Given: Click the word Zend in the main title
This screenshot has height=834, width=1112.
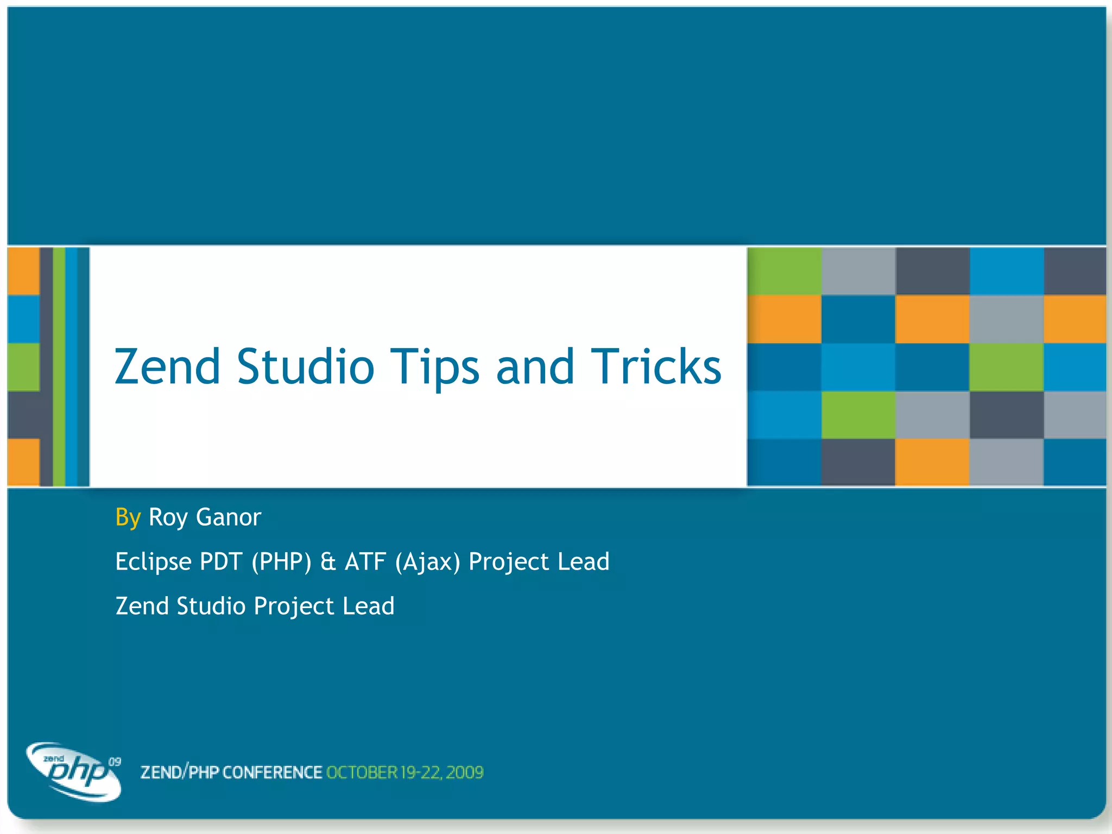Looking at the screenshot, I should [x=167, y=367].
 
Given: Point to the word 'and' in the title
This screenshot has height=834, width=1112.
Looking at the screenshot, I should [x=535, y=367].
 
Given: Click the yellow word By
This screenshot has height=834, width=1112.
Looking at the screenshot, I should [x=128, y=517].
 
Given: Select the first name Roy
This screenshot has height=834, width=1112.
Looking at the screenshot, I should [x=168, y=517].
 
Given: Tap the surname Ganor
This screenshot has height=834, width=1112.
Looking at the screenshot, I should [x=229, y=517].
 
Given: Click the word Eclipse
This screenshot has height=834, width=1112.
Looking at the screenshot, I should [x=153, y=562].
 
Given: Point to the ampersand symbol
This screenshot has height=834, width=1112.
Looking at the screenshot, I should [x=328, y=561].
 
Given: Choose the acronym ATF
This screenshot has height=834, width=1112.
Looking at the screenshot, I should [x=365, y=561].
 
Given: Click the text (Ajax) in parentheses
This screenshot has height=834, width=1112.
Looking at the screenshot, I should [x=427, y=562].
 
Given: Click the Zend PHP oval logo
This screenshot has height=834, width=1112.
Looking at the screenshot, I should [x=73, y=772].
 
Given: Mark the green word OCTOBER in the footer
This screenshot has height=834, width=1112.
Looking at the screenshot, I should [x=362, y=772].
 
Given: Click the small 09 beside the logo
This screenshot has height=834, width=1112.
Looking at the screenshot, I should [x=115, y=762].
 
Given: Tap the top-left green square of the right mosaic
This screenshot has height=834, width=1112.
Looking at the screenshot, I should [x=784, y=271].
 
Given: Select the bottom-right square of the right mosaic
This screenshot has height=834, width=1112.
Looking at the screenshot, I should [x=1075, y=462].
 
